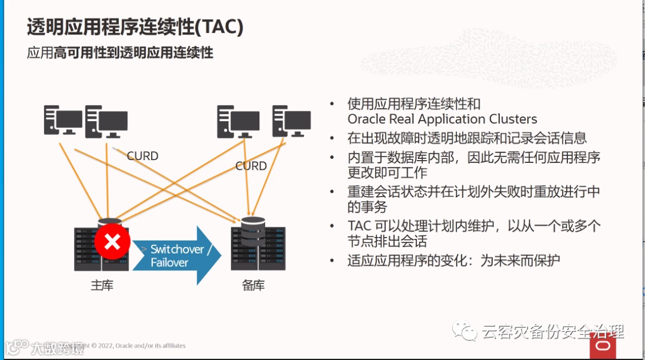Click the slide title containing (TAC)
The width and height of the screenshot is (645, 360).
(x=135, y=27)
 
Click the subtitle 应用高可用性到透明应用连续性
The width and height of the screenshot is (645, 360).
(x=120, y=53)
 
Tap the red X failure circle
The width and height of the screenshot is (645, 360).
(x=112, y=242)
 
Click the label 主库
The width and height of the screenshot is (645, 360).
(x=102, y=285)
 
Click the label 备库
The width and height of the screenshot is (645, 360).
(x=253, y=285)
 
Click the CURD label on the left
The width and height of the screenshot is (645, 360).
(x=142, y=156)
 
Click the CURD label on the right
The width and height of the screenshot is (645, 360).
(x=251, y=166)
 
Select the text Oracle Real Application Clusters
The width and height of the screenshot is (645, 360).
(x=442, y=119)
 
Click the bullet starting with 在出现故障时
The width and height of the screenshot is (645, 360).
(x=467, y=138)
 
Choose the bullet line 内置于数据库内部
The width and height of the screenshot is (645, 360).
(x=474, y=158)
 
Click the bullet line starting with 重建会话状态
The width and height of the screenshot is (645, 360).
(x=474, y=192)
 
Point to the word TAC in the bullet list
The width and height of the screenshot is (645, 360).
(x=360, y=226)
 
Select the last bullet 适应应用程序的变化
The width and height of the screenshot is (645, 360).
(x=453, y=261)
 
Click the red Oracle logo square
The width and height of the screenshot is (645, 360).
(x=603, y=346)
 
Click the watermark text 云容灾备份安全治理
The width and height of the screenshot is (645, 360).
(x=552, y=331)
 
